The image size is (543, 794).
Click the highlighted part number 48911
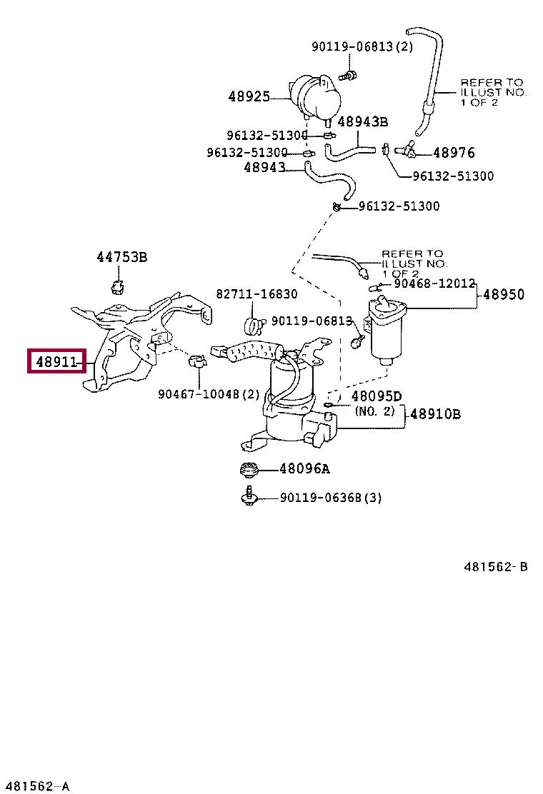point(56,362)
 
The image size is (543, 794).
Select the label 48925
point(249,96)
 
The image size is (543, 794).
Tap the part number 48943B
point(362,122)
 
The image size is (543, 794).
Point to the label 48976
point(454,152)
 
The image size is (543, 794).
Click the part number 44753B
point(121,257)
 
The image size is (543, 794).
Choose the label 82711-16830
point(257,293)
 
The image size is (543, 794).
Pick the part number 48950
point(504,294)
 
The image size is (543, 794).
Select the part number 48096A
point(304,469)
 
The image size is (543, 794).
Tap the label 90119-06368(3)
point(330,498)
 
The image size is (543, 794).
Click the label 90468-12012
point(434,283)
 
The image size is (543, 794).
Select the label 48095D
point(376,396)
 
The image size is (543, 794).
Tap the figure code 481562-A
point(36,786)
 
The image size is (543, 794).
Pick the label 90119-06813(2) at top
point(362,46)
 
